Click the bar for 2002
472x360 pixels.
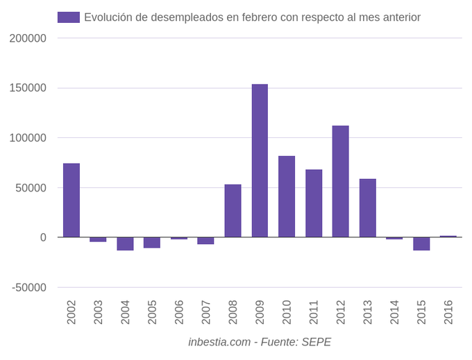[x=71, y=200]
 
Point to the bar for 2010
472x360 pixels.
[x=287, y=197]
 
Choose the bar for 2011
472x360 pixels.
[x=314, y=203]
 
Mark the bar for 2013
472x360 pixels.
[x=367, y=208]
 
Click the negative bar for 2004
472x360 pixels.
[x=125, y=243]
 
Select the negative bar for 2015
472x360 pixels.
[x=421, y=243]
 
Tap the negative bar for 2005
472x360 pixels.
[x=152, y=243]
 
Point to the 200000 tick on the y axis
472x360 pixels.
[x=28, y=38]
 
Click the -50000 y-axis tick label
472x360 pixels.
[x=29, y=288]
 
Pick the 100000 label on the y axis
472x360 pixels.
[x=28, y=138]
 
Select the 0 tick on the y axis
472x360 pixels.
[x=43, y=238]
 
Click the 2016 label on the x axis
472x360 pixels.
[x=448, y=312]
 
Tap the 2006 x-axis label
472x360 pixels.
[x=179, y=312]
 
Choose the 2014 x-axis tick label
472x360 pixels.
[x=394, y=312]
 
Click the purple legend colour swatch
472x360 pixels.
[x=68, y=17]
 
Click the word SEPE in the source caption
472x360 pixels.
[x=316, y=342]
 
